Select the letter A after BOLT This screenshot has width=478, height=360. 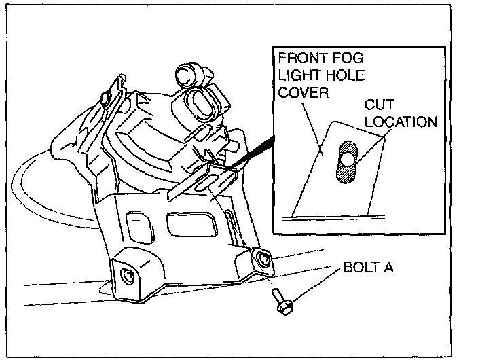[388, 268]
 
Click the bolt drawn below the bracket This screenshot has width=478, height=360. [280, 301]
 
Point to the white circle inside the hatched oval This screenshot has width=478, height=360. [346, 160]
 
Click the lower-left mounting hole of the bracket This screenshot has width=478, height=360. [127, 275]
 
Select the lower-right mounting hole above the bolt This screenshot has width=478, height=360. [262, 257]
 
